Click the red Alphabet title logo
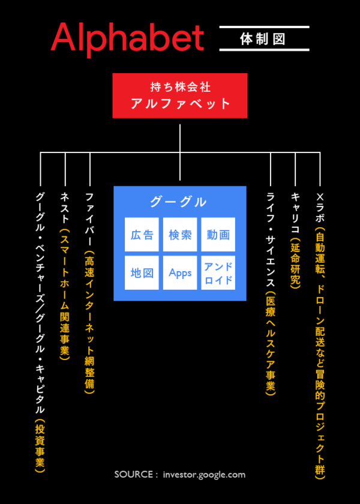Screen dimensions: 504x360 [x=127, y=38]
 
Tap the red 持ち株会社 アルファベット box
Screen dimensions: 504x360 [x=180, y=95]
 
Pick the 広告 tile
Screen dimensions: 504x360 [x=142, y=235]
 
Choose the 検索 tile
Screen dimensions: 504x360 [x=180, y=235]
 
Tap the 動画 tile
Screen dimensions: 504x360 [x=218, y=235]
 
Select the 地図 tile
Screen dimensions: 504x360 [x=142, y=273]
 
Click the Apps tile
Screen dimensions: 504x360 [x=180, y=273]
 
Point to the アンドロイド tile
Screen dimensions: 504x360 [x=218, y=273]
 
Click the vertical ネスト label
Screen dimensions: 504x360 [x=65, y=207]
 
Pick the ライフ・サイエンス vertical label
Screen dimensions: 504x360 [x=271, y=240]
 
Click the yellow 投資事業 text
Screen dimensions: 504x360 [x=40, y=447]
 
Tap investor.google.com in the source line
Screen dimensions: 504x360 [x=204, y=475]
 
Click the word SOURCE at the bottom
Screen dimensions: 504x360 [x=133, y=475]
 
